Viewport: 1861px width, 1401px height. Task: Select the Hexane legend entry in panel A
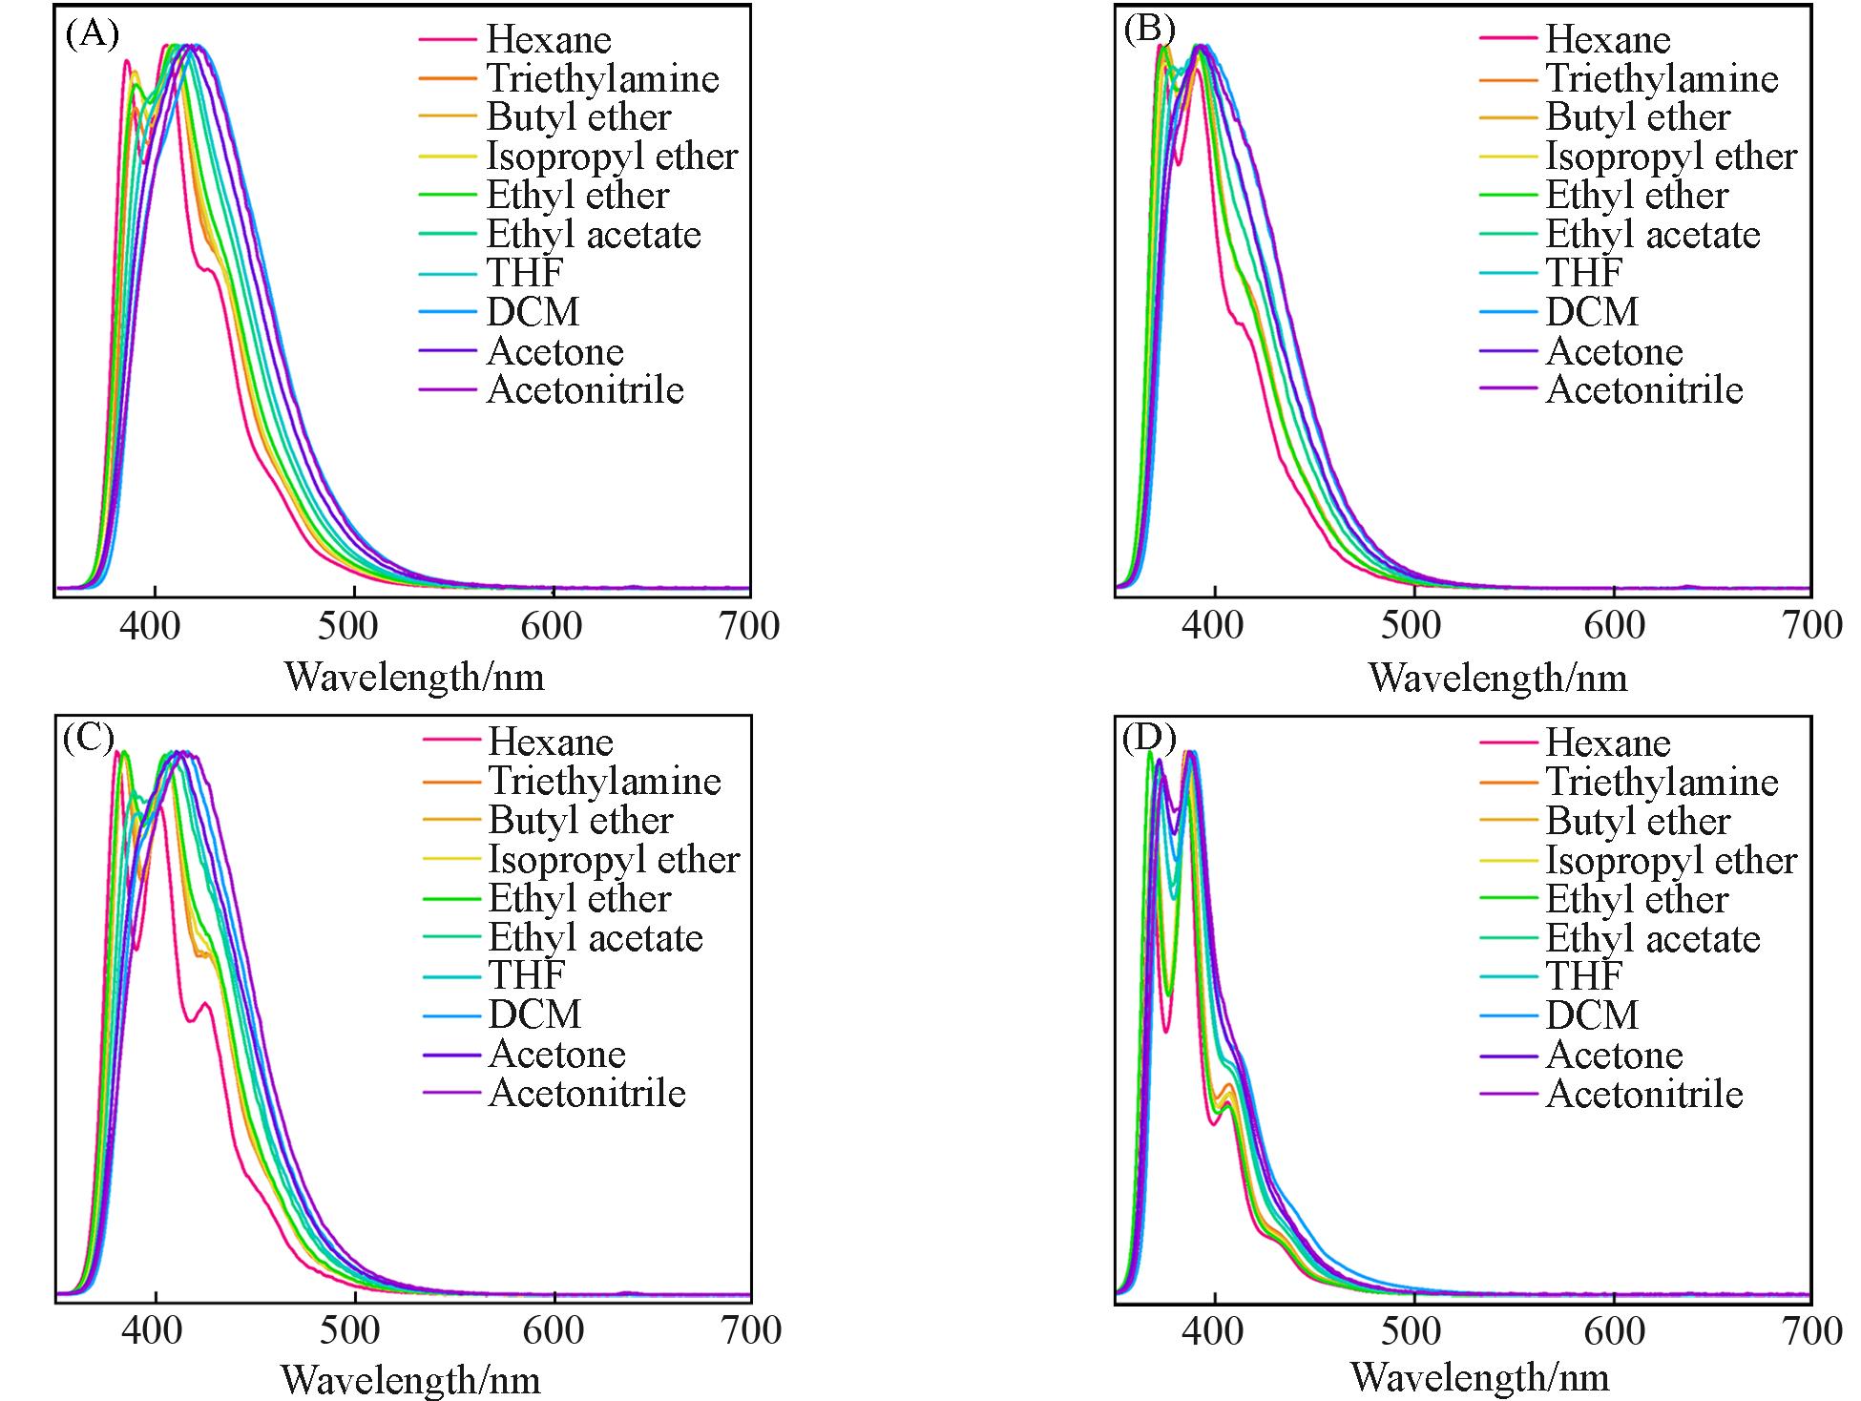pos(549,40)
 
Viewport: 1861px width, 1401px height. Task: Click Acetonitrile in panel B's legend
pos(1644,390)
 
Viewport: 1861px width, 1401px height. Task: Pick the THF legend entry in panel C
pos(527,975)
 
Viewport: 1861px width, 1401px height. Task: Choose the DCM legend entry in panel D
pos(1592,1014)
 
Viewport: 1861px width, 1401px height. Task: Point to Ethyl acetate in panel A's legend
pos(594,235)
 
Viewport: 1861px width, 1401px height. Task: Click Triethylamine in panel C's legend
pos(604,782)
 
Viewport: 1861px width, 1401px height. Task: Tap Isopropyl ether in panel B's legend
pos(1671,157)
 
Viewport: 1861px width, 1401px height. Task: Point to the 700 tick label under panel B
pos(1811,626)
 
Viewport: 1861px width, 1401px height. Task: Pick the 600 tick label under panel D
pos(1613,1330)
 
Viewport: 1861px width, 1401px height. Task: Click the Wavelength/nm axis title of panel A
pos(415,677)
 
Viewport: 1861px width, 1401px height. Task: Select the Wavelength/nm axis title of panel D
pos(1479,1377)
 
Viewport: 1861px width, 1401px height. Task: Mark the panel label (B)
pos(1149,31)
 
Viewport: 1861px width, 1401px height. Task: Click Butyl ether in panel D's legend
pos(1638,821)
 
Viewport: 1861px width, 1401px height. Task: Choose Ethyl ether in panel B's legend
pos(1637,196)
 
